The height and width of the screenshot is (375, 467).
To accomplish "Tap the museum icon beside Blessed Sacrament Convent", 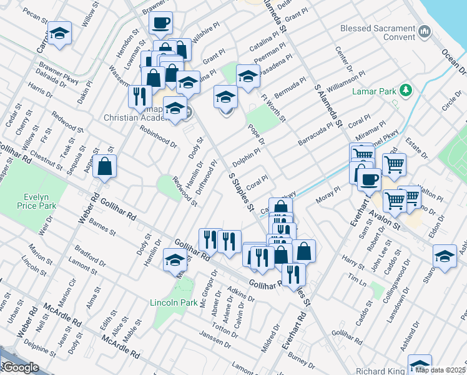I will pyautogui.click(x=425, y=30).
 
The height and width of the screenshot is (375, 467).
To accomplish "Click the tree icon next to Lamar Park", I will pyautogui.click(x=406, y=91).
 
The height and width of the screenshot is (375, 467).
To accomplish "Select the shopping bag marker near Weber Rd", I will pyautogui.click(x=105, y=167).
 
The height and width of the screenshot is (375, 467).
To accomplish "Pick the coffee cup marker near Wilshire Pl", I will pyautogui.click(x=160, y=24).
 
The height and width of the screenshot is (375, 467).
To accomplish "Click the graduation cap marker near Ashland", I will pyautogui.click(x=445, y=257).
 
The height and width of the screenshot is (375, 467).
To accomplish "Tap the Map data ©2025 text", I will pyautogui.click(x=441, y=369).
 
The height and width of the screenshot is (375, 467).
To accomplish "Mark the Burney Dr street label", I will pyautogui.click(x=302, y=363).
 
